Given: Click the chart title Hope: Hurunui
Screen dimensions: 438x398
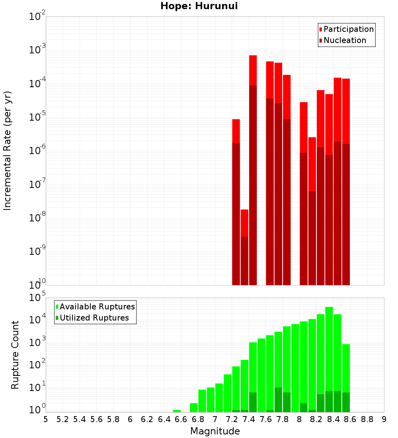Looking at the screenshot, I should tap(199, 6).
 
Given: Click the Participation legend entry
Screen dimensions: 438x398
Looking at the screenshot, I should tap(349, 29).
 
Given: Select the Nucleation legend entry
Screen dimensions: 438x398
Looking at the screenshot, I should tap(345, 40).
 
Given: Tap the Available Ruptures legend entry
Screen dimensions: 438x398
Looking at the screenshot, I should tap(97, 307).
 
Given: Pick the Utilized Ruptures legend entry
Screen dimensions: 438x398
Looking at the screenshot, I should tap(94, 318).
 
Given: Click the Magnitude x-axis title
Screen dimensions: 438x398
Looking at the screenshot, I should tap(215, 431).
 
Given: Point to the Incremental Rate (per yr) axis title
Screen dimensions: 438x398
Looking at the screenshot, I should tap(8, 151).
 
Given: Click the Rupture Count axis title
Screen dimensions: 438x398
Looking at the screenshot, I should tap(15, 354).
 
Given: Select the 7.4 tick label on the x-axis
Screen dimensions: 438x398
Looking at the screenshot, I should tap(249, 419).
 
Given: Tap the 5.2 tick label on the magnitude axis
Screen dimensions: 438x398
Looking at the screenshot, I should tap(62, 419).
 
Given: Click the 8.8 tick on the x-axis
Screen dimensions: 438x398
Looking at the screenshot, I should tap(367, 419).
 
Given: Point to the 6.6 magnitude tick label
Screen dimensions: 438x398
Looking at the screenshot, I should tap(181, 419).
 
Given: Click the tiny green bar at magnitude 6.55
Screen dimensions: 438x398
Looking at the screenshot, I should tap(177, 411).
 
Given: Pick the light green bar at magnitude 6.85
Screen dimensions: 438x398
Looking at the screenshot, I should tap(202, 400).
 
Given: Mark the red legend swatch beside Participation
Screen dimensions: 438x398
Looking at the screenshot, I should tap(321, 29).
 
